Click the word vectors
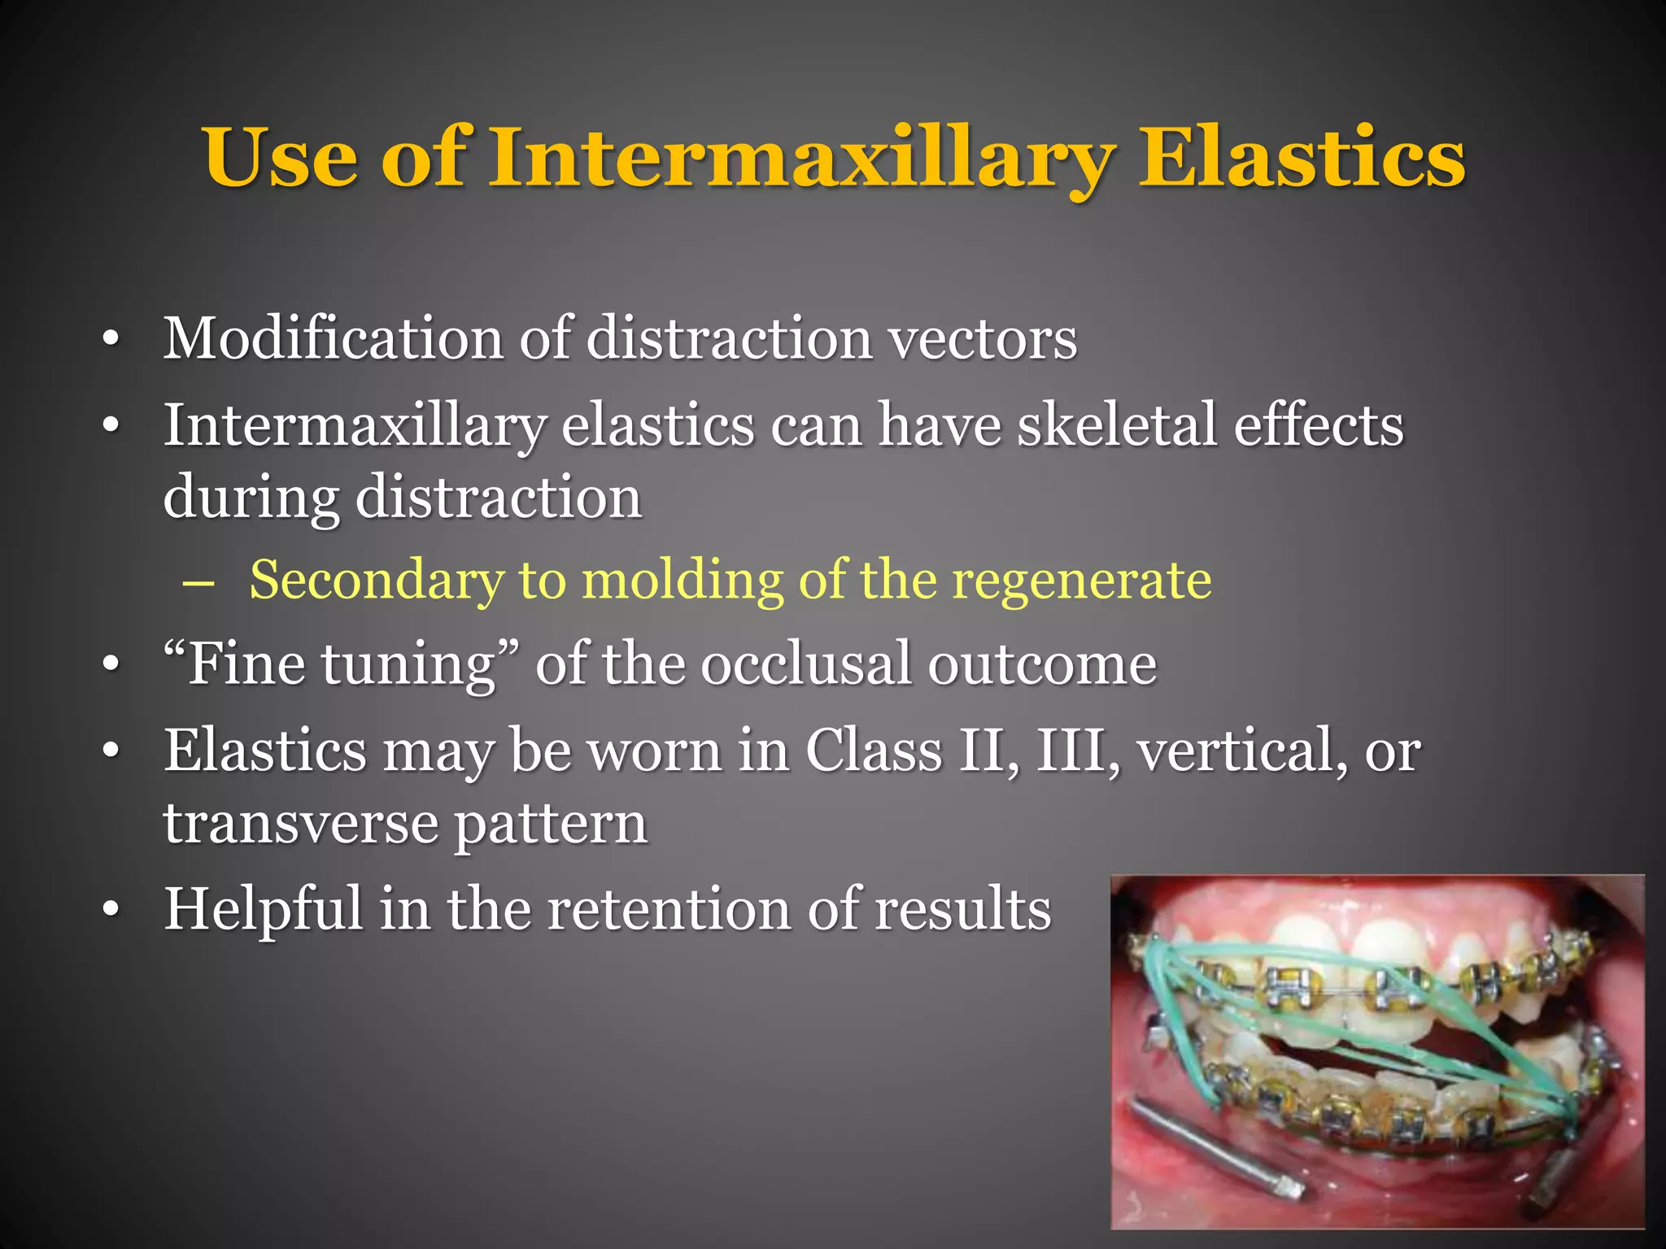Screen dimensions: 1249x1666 point(983,339)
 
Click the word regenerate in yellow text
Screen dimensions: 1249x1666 point(1081,581)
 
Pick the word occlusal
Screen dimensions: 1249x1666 point(806,664)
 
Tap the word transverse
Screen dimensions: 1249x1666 point(301,824)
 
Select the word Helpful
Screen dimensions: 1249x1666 point(263,908)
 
